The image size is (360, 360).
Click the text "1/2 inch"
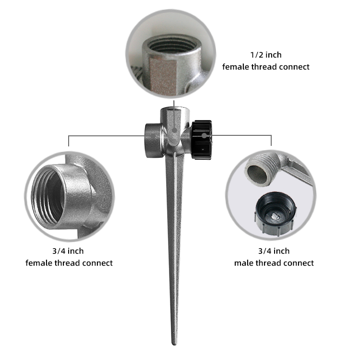click(265, 55)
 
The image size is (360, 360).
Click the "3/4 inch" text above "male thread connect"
click(274, 251)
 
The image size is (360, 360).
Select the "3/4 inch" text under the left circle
click(68, 251)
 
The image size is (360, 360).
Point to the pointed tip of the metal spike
click(175, 344)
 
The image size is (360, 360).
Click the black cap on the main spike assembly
click(202, 140)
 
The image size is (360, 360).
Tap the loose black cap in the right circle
click(276, 214)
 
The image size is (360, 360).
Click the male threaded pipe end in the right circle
click(258, 170)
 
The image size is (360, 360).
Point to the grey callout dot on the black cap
click(204, 135)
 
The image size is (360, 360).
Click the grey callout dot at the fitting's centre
click(175, 131)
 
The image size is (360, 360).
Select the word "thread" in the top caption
click(264, 67)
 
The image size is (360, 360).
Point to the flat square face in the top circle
click(163, 76)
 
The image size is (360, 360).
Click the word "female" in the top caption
click(236, 67)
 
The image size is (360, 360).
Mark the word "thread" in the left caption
click(67, 263)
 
